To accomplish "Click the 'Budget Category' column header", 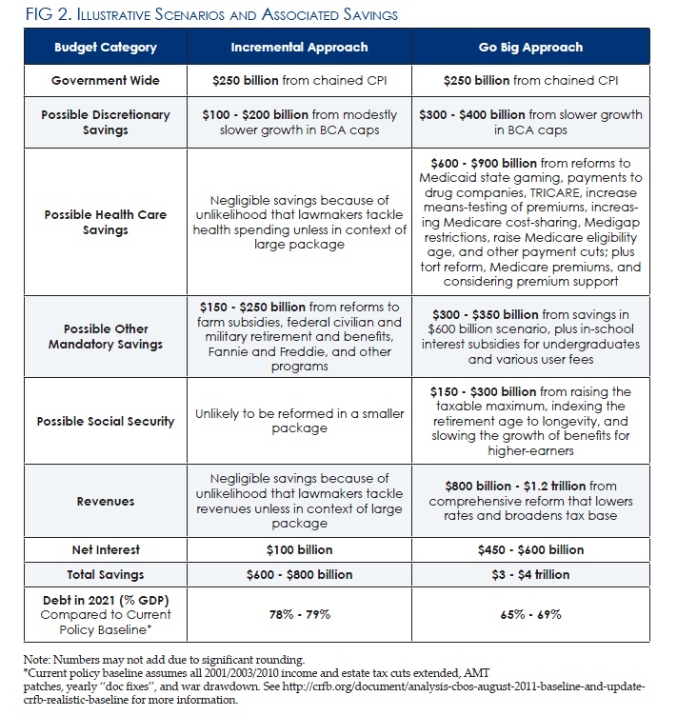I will (106, 47).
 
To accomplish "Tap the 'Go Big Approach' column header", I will (531, 47).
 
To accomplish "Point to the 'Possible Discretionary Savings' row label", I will (106, 122).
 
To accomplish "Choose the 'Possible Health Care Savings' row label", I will (106, 222).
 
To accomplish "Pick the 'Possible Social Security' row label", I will (106, 421).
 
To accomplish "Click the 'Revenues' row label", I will (106, 500).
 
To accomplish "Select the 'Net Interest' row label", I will (106, 549).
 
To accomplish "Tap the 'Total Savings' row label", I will (106, 574).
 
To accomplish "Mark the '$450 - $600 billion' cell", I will (531, 549).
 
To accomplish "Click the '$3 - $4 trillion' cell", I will (531, 574).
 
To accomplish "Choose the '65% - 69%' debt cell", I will (531, 614).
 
